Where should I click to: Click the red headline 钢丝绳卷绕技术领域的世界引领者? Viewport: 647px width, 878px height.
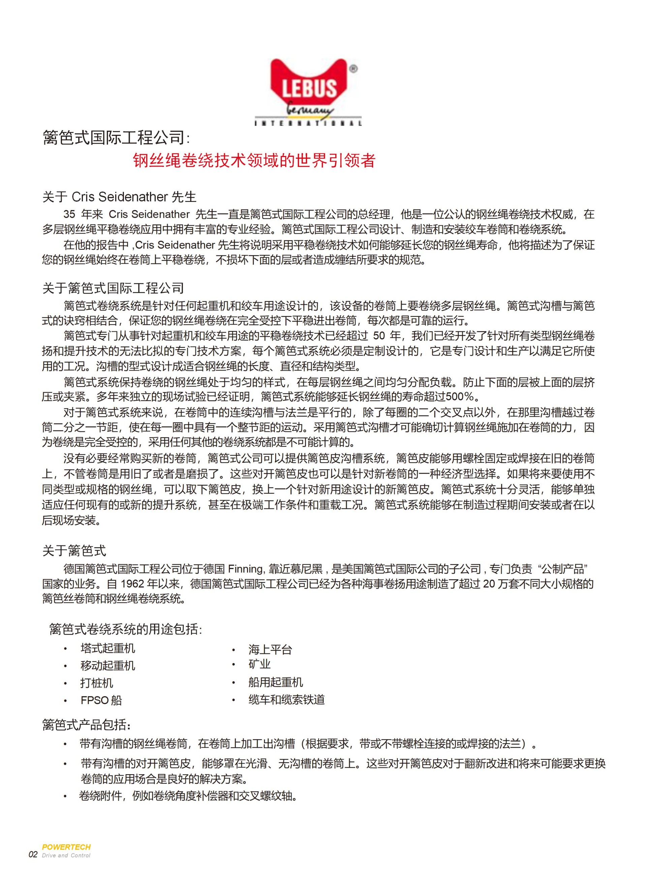(254, 160)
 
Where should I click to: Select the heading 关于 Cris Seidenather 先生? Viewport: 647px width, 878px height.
(119, 196)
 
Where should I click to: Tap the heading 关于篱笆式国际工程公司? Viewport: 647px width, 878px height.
(113, 288)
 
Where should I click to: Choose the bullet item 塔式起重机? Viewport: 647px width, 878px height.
(108, 648)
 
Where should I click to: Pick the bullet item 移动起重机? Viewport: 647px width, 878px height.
(108, 665)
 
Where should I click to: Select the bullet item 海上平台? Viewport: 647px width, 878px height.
(270, 650)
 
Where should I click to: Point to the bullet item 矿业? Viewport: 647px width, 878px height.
(259, 664)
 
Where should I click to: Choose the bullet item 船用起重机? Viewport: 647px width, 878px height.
(276, 682)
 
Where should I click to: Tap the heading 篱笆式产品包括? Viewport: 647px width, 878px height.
(86, 725)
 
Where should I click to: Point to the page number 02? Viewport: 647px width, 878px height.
(33, 854)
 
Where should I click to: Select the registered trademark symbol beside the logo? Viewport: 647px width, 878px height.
(353, 69)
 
